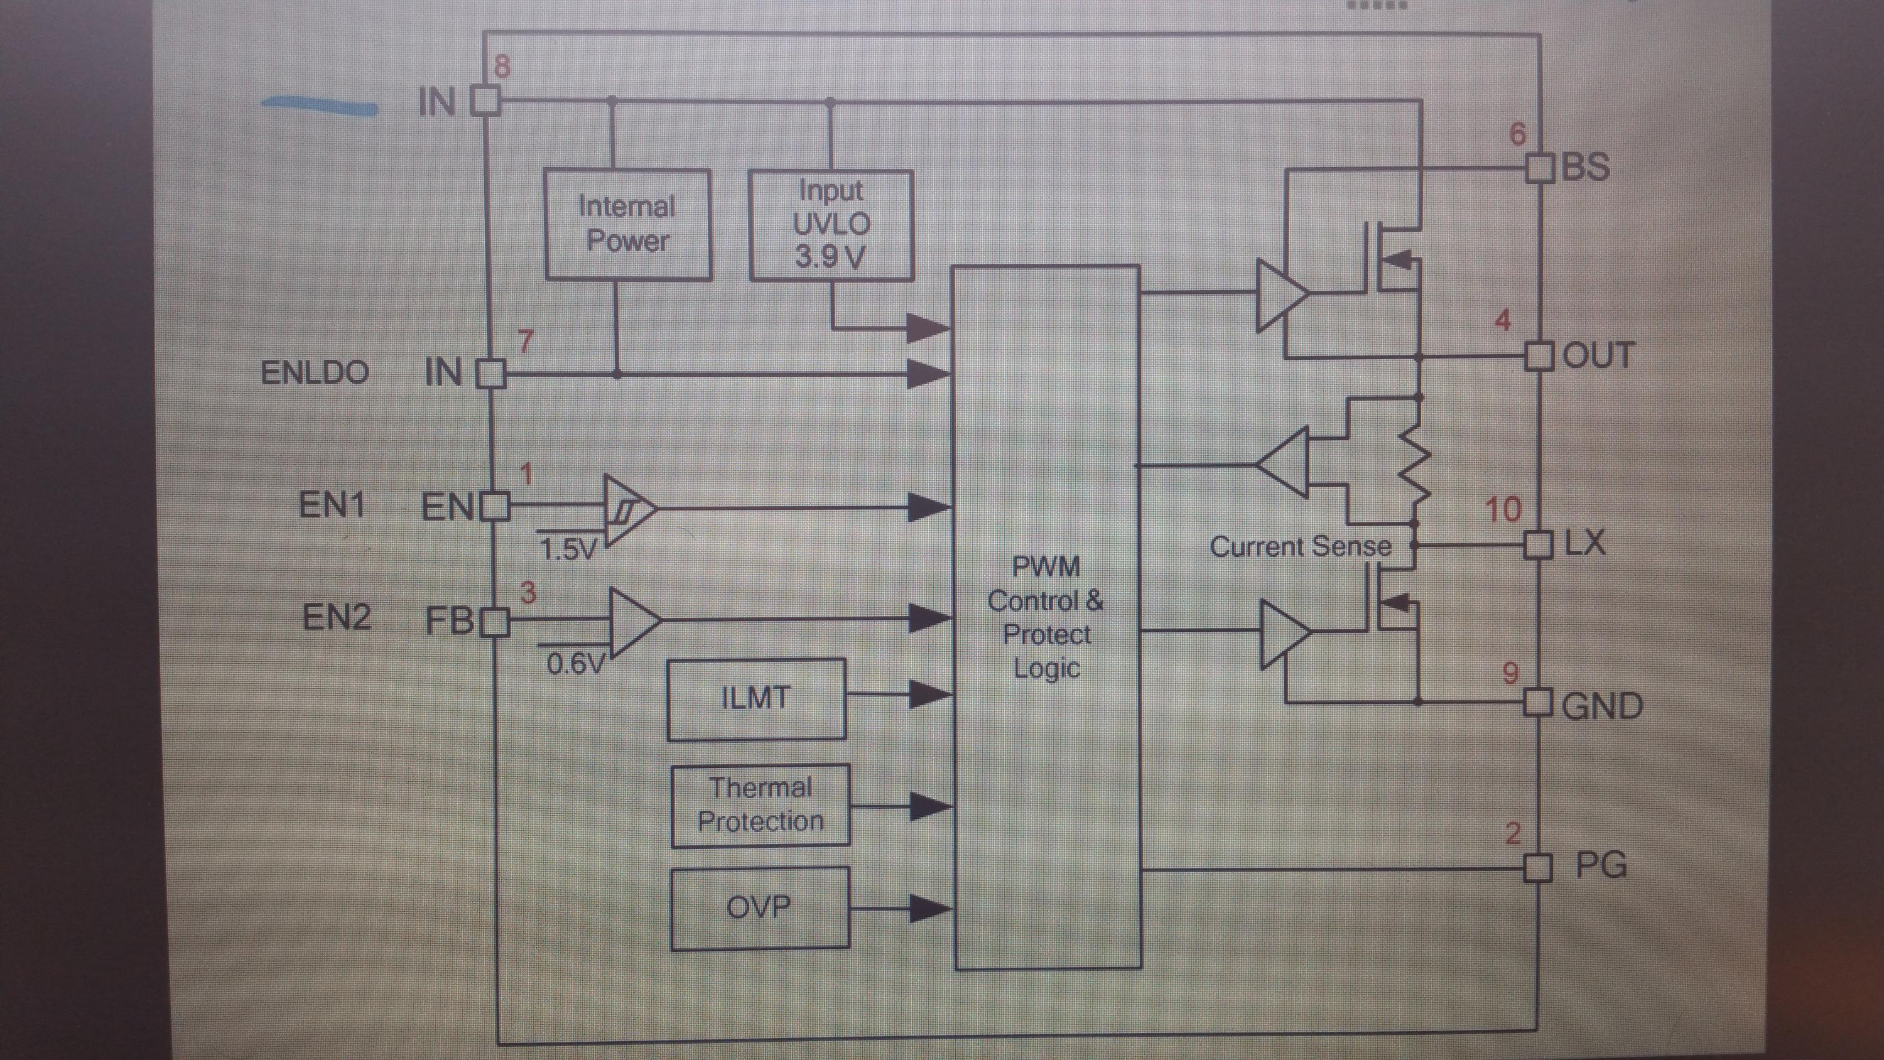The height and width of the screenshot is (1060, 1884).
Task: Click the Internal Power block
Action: [627, 224]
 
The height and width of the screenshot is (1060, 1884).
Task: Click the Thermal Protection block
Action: [761, 804]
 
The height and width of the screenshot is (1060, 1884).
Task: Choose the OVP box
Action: [759, 908]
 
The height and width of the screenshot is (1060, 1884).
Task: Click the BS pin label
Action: [1586, 167]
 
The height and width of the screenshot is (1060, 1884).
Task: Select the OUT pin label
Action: [1597, 356]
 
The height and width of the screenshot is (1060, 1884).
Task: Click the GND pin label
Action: [1601, 706]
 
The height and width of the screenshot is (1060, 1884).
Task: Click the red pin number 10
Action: [1503, 510]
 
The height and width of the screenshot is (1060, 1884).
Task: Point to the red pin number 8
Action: [502, 67]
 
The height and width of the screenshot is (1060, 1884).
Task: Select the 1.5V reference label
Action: [568, 549]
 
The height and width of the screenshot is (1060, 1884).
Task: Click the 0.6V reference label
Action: [576, 664]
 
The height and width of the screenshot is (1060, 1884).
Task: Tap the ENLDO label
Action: [315, 373]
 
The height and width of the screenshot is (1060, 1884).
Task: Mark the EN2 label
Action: [337, 617]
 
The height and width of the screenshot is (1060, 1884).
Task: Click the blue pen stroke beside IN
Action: [320, 107]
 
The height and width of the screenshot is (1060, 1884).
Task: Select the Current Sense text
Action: [1299, 546]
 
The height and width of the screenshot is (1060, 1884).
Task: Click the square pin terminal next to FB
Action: [496, 622]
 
